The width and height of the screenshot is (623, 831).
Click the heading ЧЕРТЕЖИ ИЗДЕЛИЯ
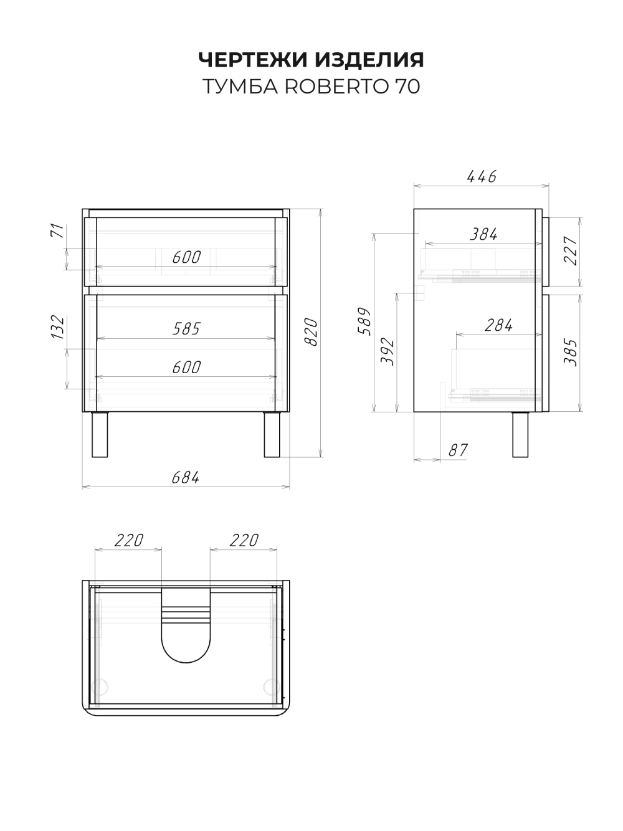311,59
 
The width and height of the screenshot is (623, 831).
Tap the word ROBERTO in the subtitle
336,87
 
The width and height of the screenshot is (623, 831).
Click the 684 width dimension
186,477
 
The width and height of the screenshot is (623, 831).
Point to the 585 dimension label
186,329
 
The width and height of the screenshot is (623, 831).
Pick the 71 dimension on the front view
57,230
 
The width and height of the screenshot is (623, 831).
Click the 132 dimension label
58,326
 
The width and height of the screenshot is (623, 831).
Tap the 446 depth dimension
482,176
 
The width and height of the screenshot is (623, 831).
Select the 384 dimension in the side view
483,234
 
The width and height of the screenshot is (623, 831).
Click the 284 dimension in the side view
499,325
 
